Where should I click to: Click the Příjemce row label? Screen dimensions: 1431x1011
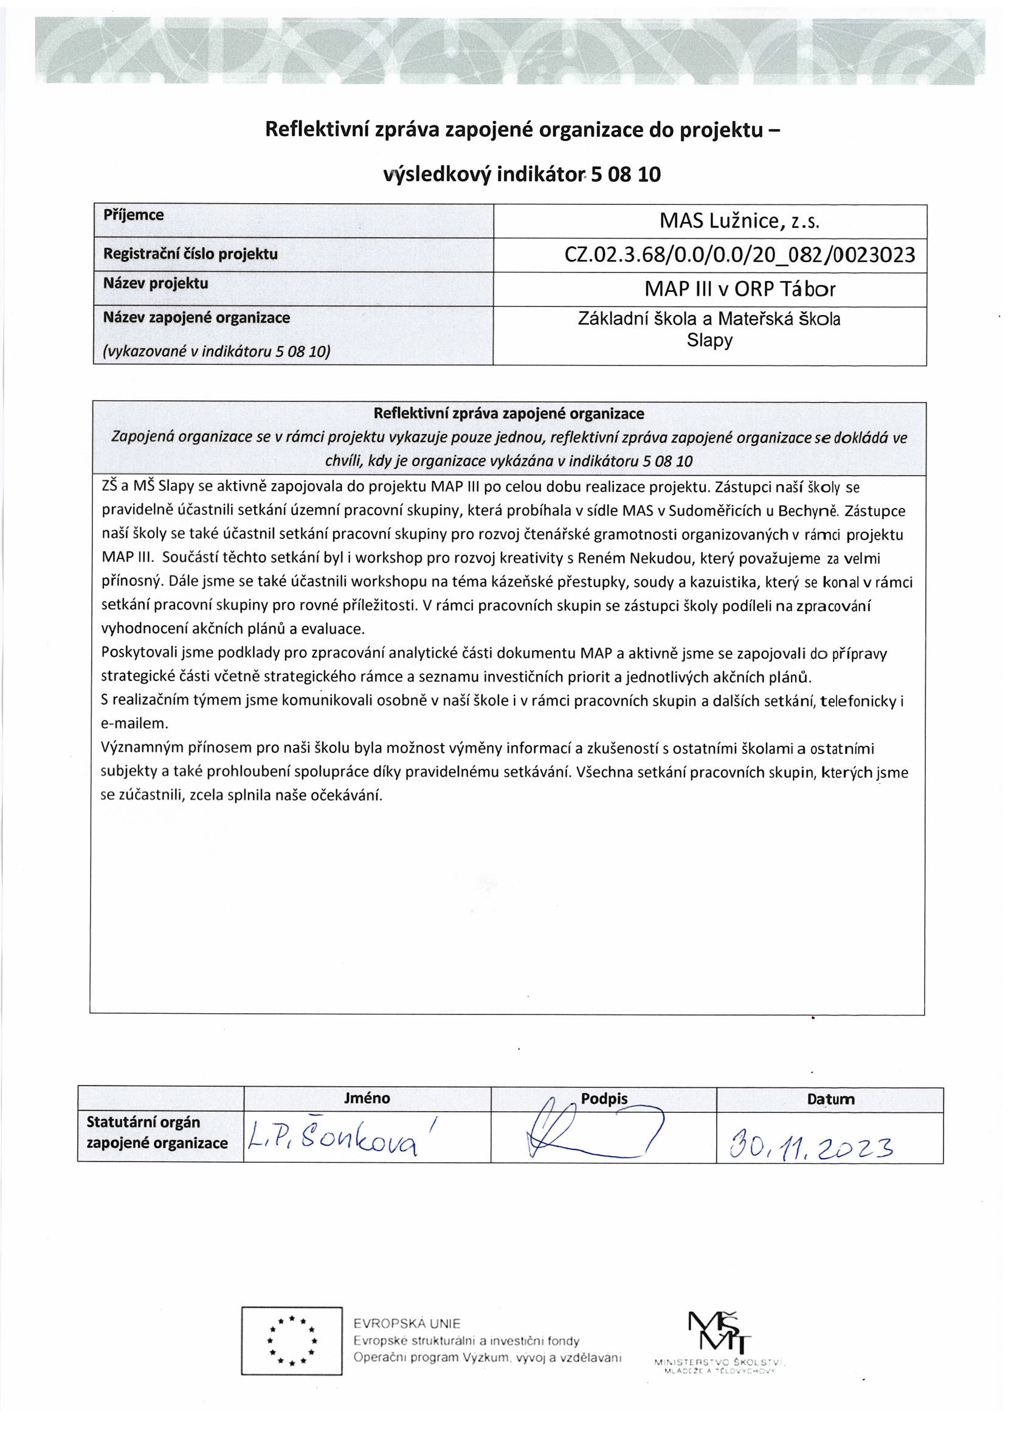[x=133, y=215]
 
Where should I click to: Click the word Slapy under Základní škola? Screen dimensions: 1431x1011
[x=709, y=341]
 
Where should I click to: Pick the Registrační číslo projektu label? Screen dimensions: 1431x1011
[x=190, y=254]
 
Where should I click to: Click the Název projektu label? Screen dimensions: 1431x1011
[x=156, y=283]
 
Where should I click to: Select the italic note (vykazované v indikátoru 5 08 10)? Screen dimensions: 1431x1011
[x=216, y=352]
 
